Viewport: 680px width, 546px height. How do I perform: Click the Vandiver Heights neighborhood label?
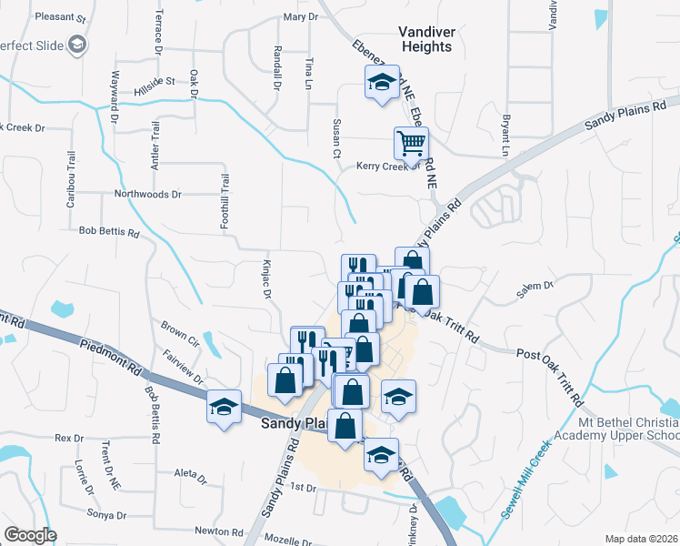(x=425, y=39)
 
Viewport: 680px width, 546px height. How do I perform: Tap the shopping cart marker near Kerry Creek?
(x=411, y=143)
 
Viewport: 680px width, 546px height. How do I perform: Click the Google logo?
(x=30, y=535)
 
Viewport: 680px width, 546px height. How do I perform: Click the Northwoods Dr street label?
(x=147, y=194)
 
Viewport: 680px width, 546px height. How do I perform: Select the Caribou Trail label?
(x=69, y=179)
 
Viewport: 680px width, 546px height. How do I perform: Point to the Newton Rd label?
(x=218, y=531)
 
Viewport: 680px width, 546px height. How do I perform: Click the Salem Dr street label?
(x=535, y=286)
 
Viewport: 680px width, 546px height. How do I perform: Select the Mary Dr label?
(x=301, y=16)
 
